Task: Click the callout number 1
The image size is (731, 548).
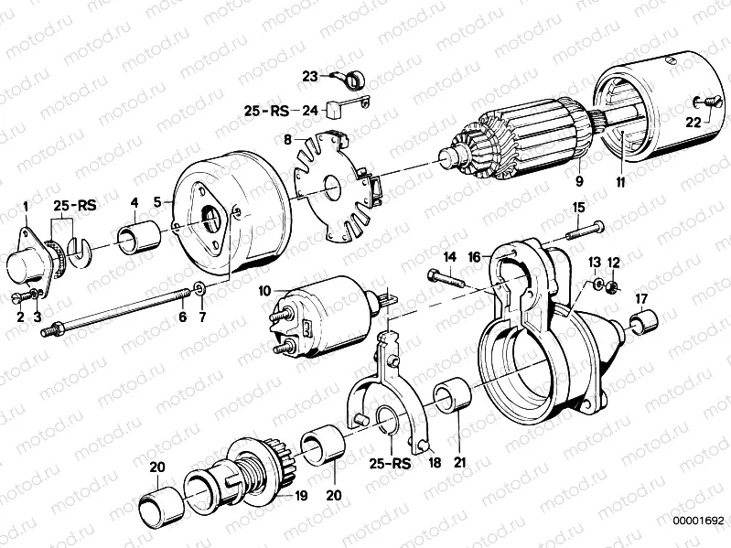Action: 26,206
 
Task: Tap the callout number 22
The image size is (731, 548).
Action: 693,121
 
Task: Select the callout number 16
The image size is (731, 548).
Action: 474,258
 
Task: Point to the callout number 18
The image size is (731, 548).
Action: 435,463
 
